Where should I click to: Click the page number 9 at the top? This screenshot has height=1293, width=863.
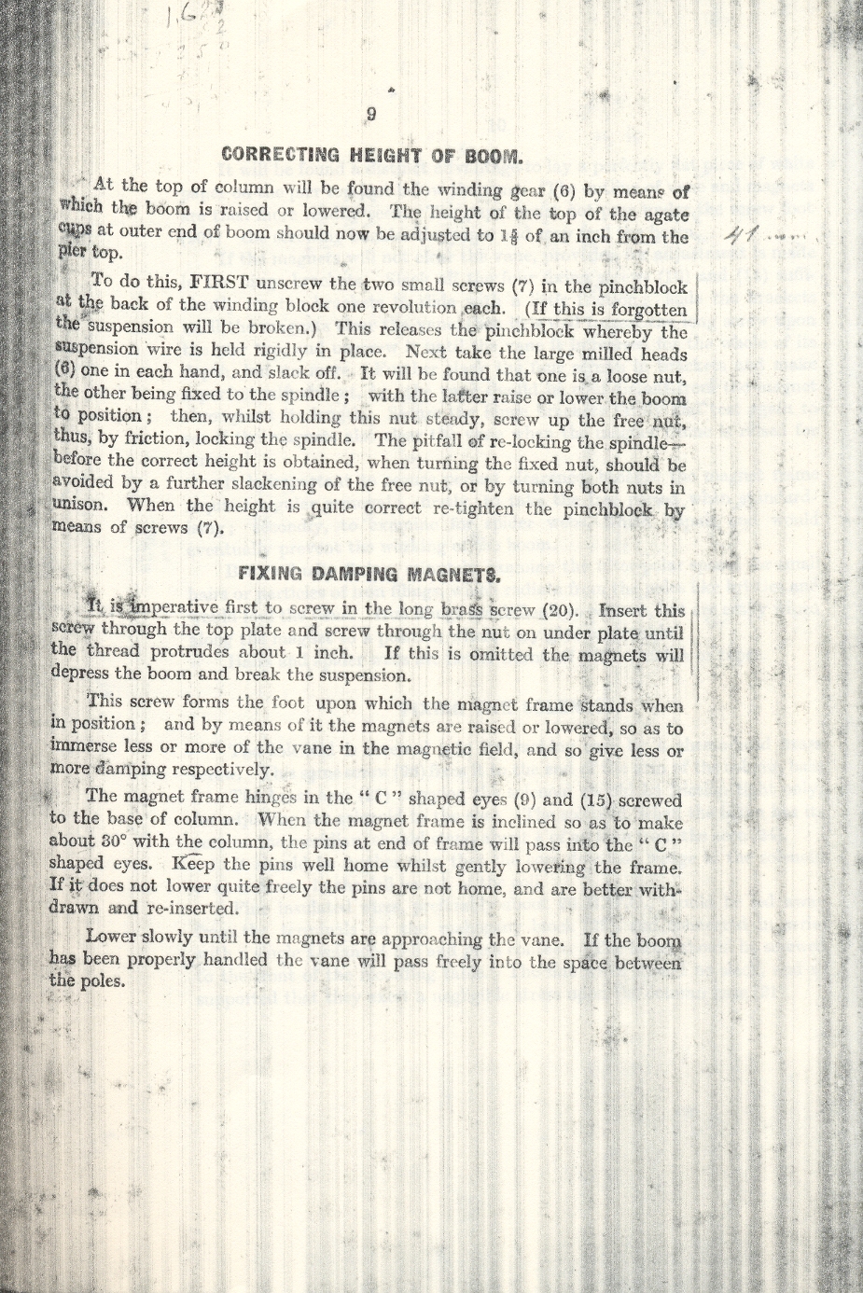371,115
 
